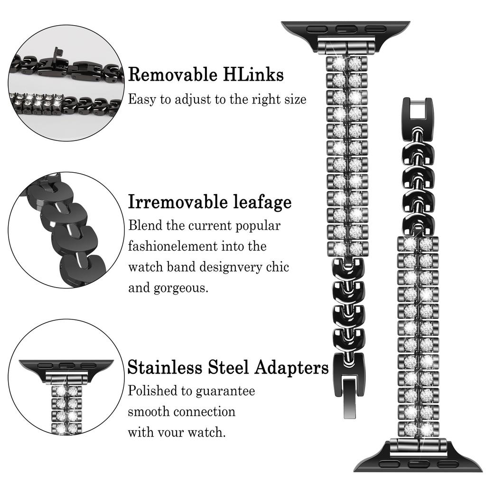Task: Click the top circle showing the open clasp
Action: pyautogui.click(x=66, y=83)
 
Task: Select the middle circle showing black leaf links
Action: pyautogui.click(x=66, y=230)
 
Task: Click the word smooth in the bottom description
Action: pyautogui.click(x=149, y=412)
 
